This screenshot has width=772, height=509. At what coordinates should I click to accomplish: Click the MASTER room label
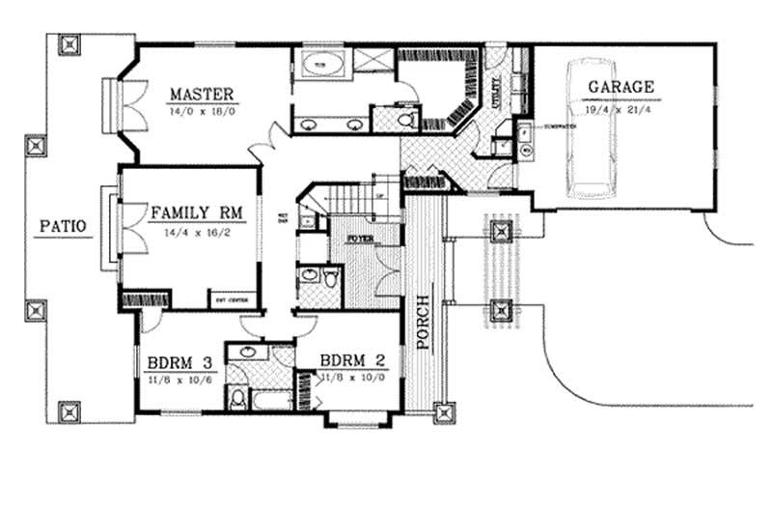tap(202, 94)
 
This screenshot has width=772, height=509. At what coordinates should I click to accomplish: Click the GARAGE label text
tap(620, 87)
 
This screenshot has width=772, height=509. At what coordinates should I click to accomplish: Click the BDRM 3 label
tap(179, 363)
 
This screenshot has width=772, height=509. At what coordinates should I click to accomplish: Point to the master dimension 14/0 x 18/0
tap(202, 111)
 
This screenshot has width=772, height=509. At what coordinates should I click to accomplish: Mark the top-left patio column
tap(70, 45)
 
